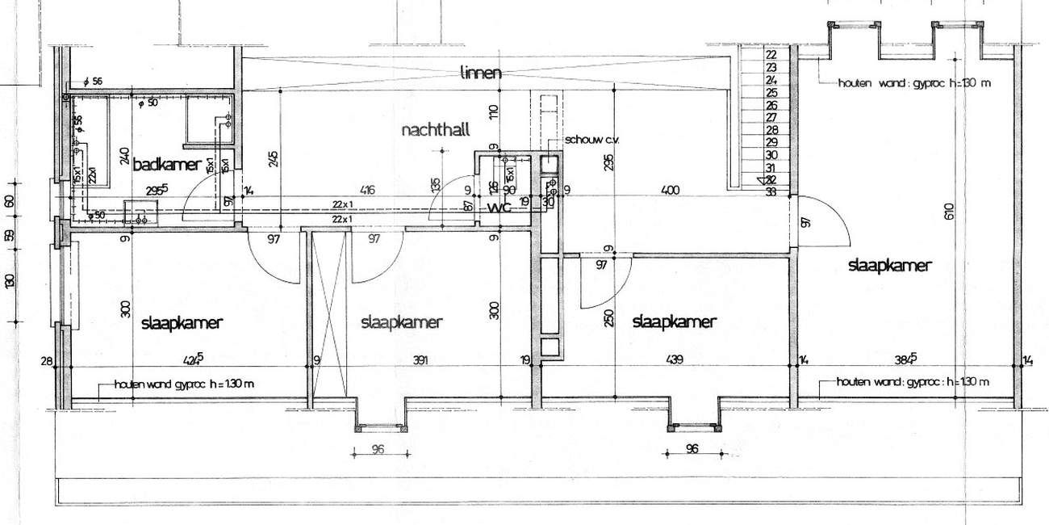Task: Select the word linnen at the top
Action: point(481,73)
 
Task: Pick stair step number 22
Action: point(770,55)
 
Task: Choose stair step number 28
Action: point(770,129)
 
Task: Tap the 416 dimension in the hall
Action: point(367,191)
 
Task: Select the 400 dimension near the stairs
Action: point(670,191)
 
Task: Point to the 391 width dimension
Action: point(419,360)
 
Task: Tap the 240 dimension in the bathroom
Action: point(123,155)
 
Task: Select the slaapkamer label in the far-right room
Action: point(890,265)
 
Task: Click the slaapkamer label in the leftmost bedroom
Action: point(182,323)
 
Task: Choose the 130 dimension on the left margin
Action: point(10,280)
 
